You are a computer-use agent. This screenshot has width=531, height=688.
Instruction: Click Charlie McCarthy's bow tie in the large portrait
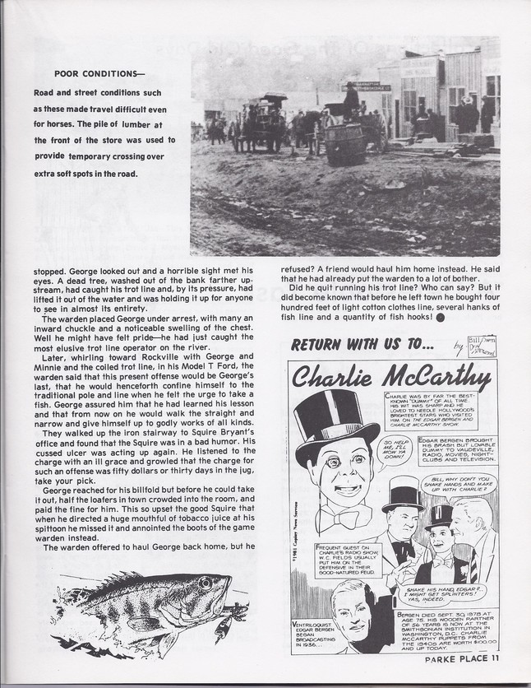click(345, 518)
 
